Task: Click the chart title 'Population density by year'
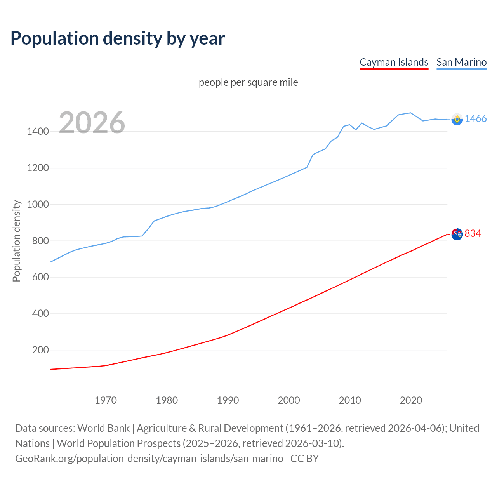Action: click(118, 38)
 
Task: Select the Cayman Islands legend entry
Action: click(394, 62)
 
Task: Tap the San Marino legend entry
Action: click(461, 62)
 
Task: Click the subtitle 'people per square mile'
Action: click(248, 83)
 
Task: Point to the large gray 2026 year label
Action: click(92, 123)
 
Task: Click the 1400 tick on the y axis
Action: click(38, 132)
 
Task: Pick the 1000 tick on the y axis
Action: click(38, 204)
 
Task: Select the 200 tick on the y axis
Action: click(40, 350)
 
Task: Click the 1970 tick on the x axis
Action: click(106, 400)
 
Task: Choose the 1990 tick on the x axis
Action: click(228, 400)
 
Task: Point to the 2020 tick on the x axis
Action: click(411, 400)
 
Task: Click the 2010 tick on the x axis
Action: click(350, 400)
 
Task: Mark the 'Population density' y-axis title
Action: click(16, 241)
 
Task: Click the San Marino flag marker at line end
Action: click(457, 119)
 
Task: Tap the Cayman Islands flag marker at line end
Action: click(457, 234)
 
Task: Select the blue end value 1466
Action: click(476, 119)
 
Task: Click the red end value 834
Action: click(473, 233)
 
